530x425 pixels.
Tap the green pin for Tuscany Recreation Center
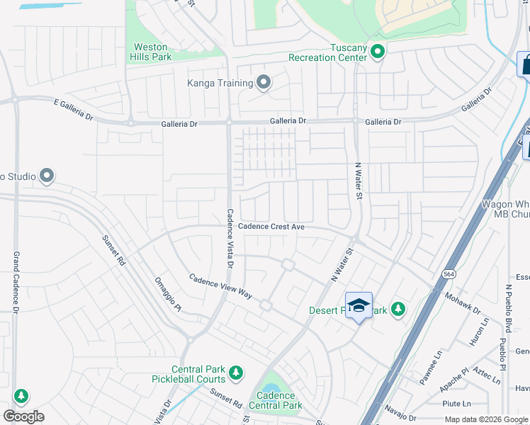click(x=378, y=52)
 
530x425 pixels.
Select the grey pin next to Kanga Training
click(x=264, y=83)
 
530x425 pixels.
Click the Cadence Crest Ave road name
click(x=271, y=227)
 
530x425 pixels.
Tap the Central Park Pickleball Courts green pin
click(x=236, y=372)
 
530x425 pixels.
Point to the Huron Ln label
click(x=479, y=331)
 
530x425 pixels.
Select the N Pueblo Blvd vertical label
click(x=508, y=309)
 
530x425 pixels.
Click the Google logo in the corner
click(x=23, y=416)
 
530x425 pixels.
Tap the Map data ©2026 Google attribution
click(x=485, y=419)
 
